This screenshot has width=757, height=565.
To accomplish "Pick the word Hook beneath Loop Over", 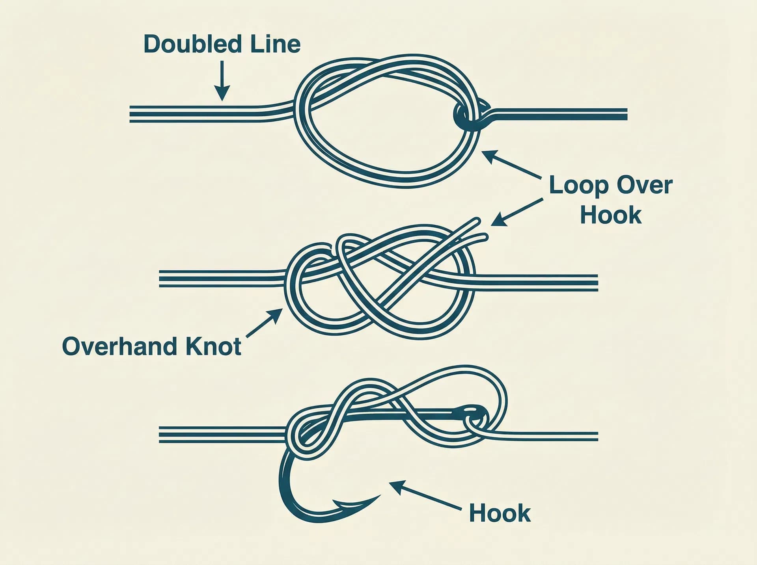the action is (611, 215).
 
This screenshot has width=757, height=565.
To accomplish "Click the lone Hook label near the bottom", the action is (500, 513).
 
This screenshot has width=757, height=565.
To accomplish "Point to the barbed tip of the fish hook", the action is (379, 496).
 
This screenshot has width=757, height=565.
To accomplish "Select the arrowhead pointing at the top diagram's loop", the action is (489, 156).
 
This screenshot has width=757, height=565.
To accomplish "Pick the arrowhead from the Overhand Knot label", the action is (276, 315).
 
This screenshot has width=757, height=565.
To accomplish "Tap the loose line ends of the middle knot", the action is (479, 229).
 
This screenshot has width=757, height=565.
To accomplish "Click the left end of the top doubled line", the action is (131, 114).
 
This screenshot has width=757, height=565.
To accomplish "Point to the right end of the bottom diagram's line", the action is (597, 436).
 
